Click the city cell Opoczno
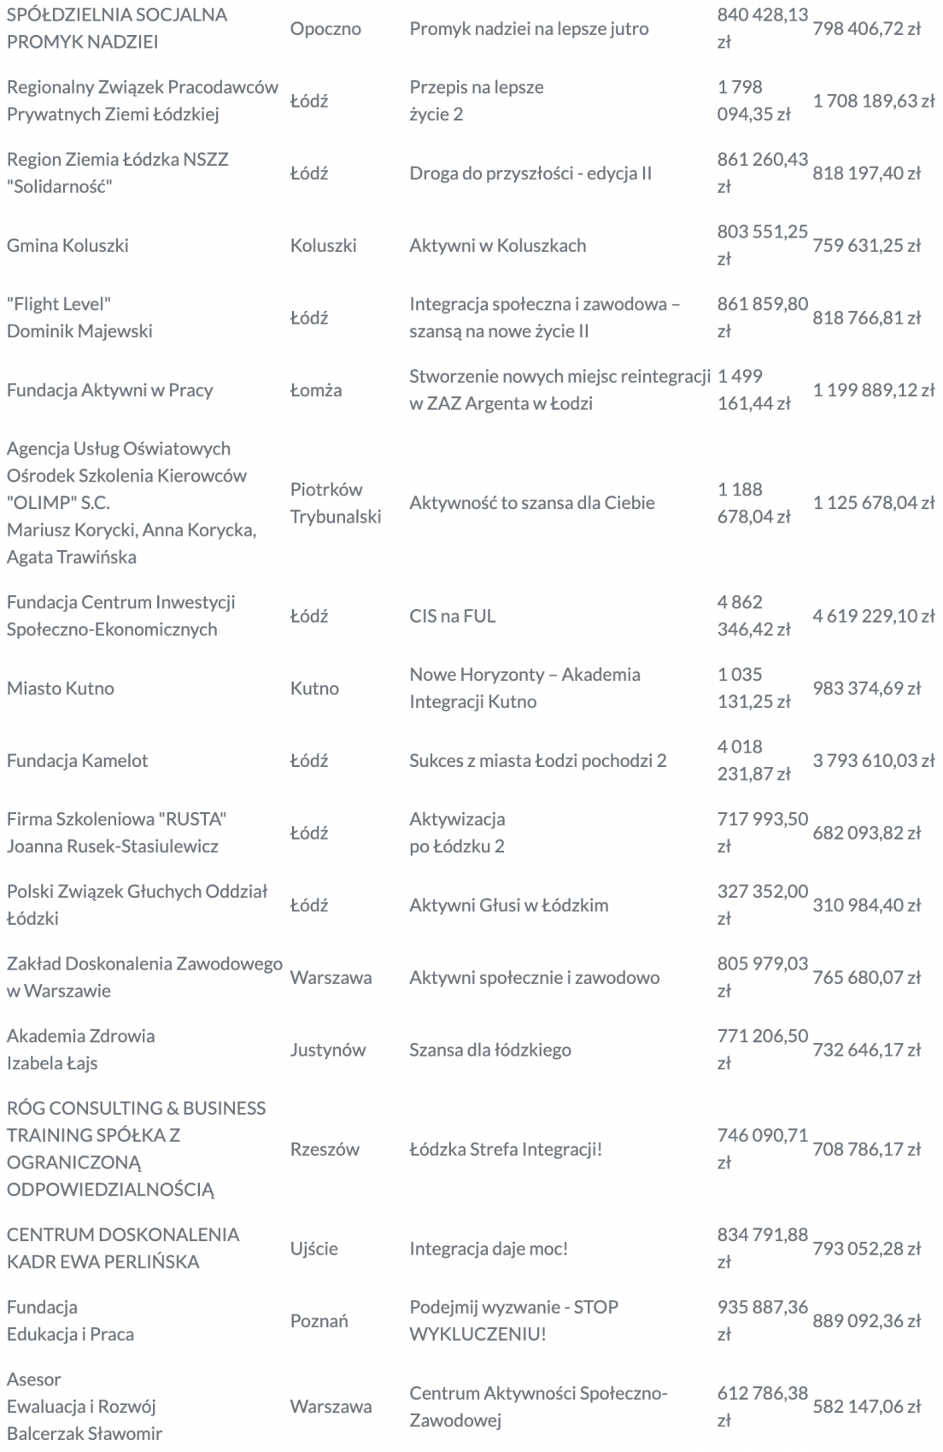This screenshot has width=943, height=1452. click(325, 29)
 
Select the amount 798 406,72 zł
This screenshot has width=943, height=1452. click(867, 29)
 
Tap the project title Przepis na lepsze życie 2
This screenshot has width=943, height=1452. click(476, 101)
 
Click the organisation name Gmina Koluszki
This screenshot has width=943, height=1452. click(68, 246)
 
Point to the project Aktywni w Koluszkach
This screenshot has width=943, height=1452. click(497, 246)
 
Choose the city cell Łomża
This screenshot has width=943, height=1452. click(316, 390)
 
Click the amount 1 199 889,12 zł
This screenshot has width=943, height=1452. click(873, 390)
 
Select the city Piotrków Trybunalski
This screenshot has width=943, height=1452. click(335, 503)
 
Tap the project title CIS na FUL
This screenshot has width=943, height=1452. click(452, 616)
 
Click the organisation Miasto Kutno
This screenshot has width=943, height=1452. click(61, 688)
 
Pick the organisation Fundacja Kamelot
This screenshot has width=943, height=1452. click(78, 761)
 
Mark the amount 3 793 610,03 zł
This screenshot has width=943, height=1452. click(873, 761)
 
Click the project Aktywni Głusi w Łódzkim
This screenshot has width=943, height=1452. click(508, 905)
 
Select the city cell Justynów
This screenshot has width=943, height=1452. click(328, 1050)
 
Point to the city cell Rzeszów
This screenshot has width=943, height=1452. click(325, 1150)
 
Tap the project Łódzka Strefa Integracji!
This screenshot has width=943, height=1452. click(506, 1150)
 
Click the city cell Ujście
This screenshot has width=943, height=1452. click(314, 1249)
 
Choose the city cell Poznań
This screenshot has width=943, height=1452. click(319, 1321)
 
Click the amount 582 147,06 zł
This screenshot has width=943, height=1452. click(867, 1407)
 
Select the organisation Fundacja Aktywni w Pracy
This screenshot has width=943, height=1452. click(110, 390)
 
